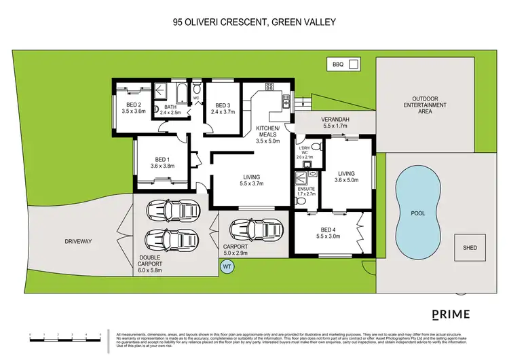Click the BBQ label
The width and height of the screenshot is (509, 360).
click(337, 65)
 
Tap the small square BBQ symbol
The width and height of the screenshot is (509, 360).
click(353, 65)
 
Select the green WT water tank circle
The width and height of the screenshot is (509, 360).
click(227, 267)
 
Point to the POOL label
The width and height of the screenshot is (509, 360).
click(417, 213)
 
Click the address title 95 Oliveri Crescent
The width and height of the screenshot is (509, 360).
click(254, 22)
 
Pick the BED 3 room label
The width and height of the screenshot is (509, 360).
click(223, 105)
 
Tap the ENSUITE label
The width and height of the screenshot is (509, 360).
click(307, 188)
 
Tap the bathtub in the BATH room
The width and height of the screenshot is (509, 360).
click(181, 93)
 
